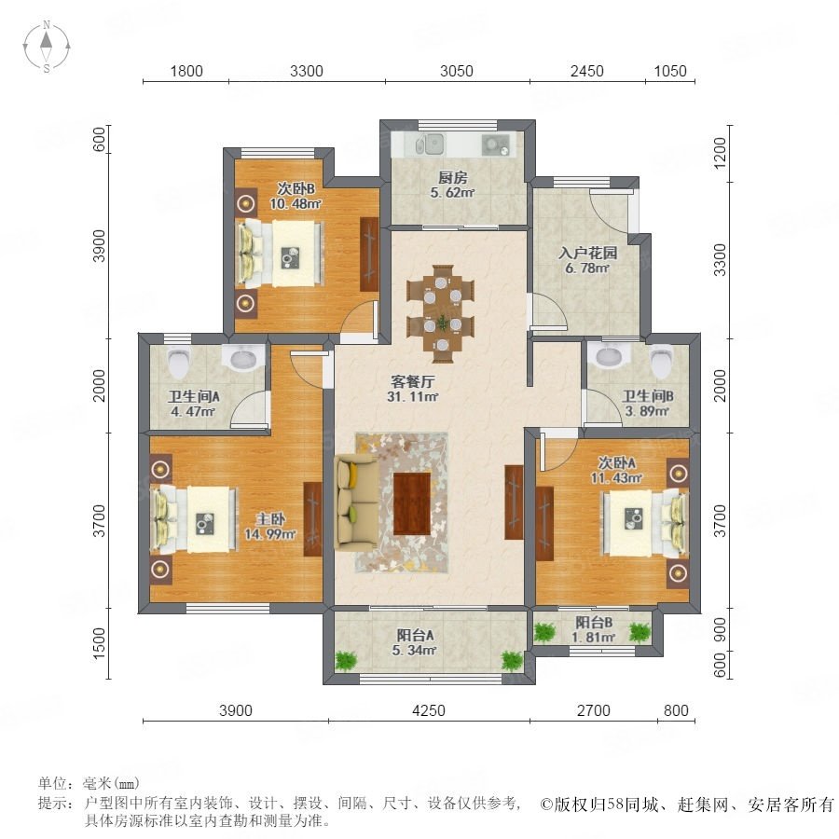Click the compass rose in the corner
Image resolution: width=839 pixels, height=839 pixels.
pyautogui.click(x=47, y=46)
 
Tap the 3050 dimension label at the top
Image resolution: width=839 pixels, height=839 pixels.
pyautogui.click(x=457, y=71)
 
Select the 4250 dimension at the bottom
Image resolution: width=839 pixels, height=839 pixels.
pyautogui.click(x=429, y=710)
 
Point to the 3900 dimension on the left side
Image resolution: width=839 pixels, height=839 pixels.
pyautogui.click(x=100, y=246)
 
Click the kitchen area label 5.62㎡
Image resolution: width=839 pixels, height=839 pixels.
pyautogui.click(x=453, y=192)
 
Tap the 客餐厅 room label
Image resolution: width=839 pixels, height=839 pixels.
pyautogui.click(x=413, y=381)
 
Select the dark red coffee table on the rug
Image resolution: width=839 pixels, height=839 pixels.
pyautogui.click(x=412, y=503)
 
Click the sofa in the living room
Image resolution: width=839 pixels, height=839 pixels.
pyautogui.click(x=356, y=502)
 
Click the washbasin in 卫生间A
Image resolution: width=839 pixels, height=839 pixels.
pyautogui.click(x=243, y=356)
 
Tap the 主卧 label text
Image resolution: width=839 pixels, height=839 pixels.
pyautogui.click(x=270, y=519)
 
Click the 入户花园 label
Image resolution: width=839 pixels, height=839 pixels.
pyautogui.click(x=588, y=253)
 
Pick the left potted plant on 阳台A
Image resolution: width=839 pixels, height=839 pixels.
pyautogui.click(x=346, y=660)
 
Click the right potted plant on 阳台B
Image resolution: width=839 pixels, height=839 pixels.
pyautogui.click(x=640, y=632)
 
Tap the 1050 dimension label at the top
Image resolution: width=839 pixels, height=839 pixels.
pyautogui.click(x=670, y=71)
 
